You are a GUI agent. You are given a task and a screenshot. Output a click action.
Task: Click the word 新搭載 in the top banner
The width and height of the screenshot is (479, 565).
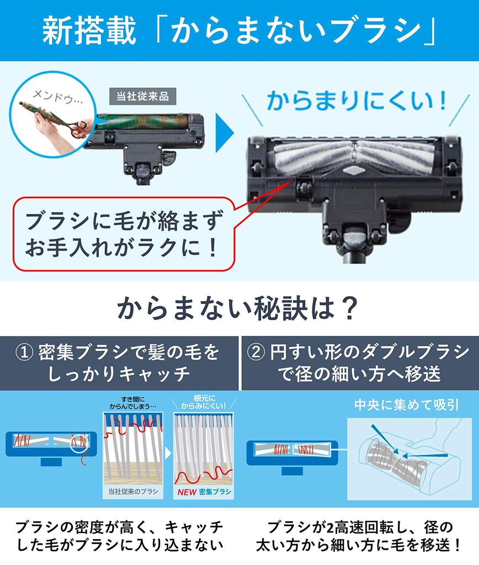tap(88, 32)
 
